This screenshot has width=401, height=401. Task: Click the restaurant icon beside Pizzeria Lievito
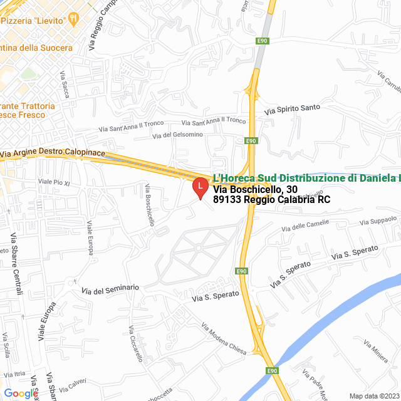point(73,19)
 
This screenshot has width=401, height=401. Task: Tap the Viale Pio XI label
point(54,182)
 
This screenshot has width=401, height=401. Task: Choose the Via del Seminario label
point(110,289)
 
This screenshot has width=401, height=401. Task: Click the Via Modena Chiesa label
point(224,338)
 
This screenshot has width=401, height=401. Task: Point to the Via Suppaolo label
point(378,221)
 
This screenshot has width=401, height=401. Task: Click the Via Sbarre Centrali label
point(16,264)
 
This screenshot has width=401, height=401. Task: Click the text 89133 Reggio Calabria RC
point(271,200)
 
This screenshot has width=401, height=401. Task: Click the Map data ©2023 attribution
point(373,395)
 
